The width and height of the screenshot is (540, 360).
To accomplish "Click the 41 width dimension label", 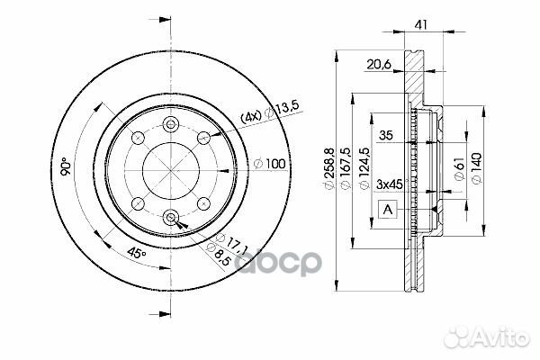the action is [x=421, y=25].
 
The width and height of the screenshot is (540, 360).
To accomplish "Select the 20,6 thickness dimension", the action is [x=379, y=65].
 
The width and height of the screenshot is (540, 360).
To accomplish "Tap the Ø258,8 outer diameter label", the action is [x=329, y=167].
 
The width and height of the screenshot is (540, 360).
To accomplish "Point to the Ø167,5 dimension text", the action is [x=346, y=167].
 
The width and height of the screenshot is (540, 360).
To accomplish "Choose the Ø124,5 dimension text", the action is [x=364, y=167].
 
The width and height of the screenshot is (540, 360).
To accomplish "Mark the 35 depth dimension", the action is [x=386, y=135].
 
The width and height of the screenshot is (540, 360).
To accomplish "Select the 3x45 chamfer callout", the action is [x=390, y=184].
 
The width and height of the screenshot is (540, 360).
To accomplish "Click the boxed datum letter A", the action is [x=388, y=210].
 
